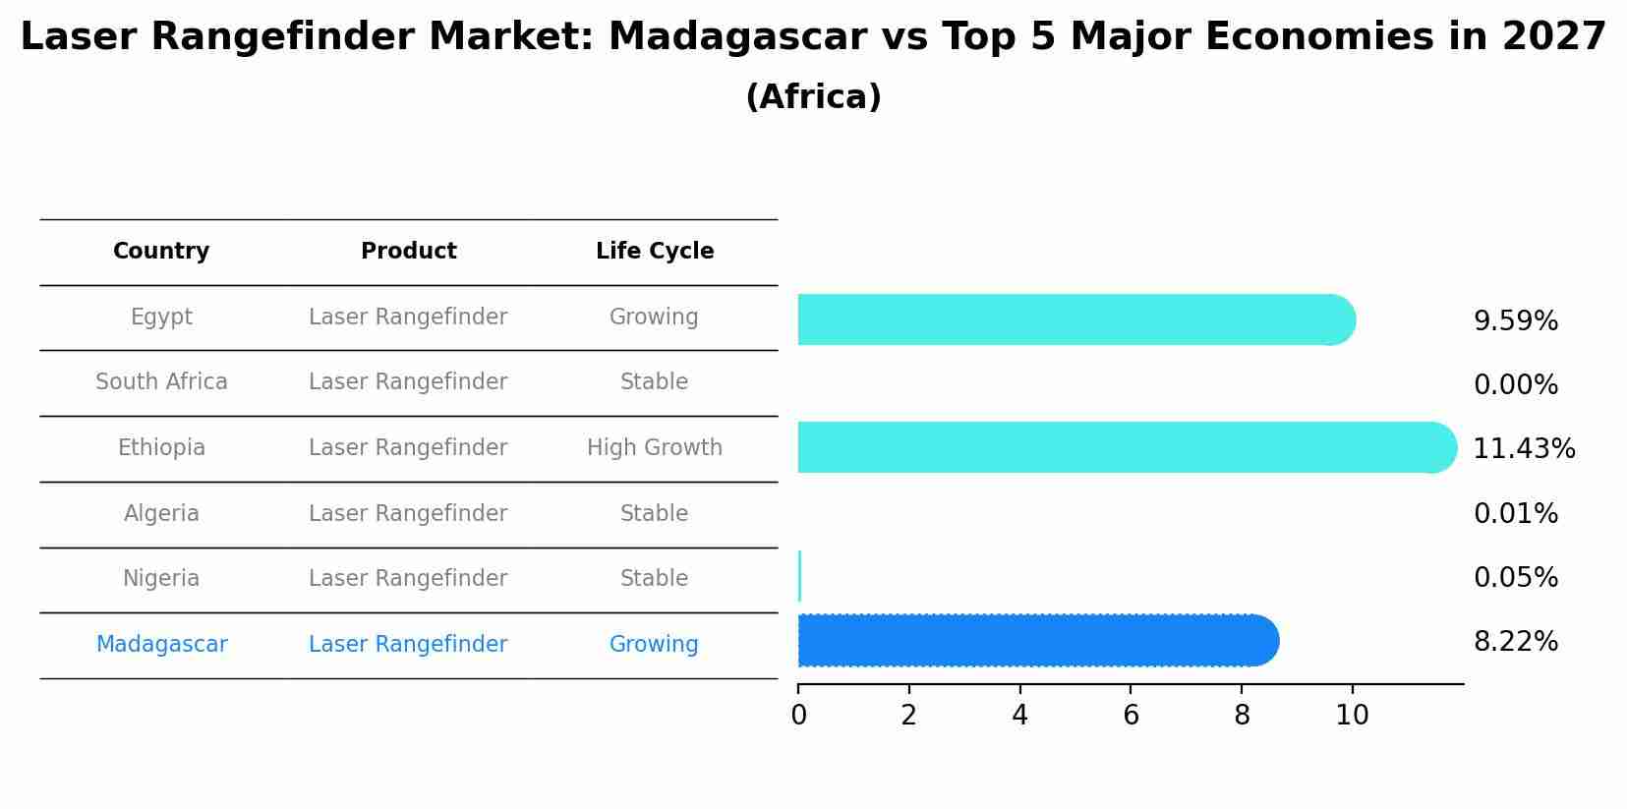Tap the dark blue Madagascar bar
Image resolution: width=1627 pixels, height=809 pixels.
[x=1032, y=641]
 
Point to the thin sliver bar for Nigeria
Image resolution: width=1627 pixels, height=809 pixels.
[x=800, y=576]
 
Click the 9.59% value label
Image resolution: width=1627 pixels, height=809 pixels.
[x=1515, y=321]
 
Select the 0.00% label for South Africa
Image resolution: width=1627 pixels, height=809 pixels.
[x=1515, y=385]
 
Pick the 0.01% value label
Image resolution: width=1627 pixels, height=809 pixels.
[x=1515, y=514]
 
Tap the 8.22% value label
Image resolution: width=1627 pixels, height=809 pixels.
[x=1515, y=642]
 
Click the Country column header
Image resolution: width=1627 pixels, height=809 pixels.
[x=161, y=252]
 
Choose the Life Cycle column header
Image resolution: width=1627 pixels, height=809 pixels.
[x=655, y=252]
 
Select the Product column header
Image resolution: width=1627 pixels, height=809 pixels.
[x=408, y=252]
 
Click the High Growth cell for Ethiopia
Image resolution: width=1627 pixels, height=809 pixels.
[x=655, y=448]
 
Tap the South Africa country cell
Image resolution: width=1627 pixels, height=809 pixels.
[x=161, y=382]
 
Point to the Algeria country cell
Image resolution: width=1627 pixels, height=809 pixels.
[x=161, y=514]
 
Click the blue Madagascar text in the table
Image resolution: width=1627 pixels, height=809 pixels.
[x=161, y=645]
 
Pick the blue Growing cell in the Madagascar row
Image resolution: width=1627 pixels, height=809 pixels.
[x=654, y=645]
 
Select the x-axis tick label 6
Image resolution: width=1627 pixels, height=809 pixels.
[x=1131, y=716]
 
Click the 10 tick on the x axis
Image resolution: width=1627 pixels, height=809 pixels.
[x=1352, y=716]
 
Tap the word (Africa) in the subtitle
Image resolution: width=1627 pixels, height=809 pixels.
[x=813, y=97]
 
